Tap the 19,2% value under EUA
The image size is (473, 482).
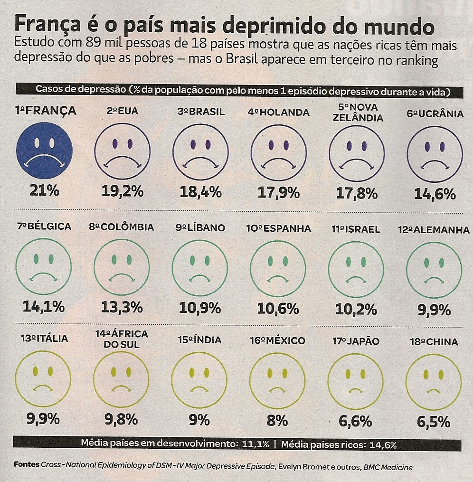pos(122,191)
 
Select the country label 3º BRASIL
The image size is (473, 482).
pos(201,112)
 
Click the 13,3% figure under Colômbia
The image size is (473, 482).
pos(122,307)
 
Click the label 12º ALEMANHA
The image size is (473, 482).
pos(434,230)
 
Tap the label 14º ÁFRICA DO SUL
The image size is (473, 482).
pos(122,339)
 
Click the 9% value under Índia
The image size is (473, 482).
pos(200,420)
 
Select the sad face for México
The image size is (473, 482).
pos(277,381)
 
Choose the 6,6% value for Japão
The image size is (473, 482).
pos(356,421)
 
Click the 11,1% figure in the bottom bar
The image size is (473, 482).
pos(256,445)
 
